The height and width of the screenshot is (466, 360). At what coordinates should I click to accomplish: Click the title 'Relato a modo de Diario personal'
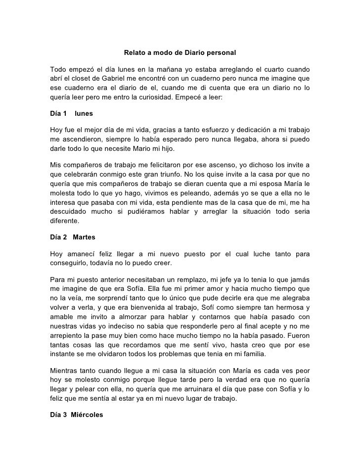180,52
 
